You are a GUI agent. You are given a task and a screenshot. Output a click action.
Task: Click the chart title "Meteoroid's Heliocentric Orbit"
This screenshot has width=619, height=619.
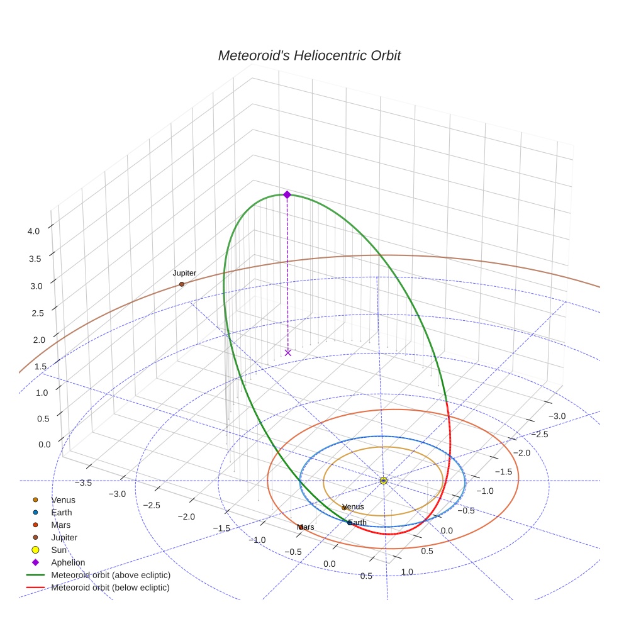point(309,55)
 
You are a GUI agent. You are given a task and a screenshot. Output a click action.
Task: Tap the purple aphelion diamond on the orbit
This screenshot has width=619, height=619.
point(287,195)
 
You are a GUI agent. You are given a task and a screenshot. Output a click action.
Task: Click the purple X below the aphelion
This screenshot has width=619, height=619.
point(287,353)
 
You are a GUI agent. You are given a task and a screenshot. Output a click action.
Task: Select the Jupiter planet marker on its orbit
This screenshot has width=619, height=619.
point(182,284)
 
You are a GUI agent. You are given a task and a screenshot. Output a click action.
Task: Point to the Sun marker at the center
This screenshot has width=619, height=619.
point(384,481)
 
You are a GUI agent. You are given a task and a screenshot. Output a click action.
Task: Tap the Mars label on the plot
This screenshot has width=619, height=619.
point(306,527)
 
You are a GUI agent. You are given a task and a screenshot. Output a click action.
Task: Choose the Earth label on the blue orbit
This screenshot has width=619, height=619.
point(357,523)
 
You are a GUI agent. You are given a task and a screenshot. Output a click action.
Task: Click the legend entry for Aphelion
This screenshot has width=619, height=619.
point(68,562)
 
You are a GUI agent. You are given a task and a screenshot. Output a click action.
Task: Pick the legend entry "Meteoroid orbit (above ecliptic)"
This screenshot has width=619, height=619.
point(111,575)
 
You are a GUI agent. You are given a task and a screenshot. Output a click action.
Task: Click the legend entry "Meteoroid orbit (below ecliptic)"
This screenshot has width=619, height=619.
point(111,588)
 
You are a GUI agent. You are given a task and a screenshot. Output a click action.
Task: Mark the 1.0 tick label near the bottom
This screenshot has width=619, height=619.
point(407,571)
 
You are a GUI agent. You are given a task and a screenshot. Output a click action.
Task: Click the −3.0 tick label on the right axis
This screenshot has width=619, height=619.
point(557,416)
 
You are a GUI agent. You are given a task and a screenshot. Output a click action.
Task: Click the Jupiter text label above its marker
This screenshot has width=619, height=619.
point(184,273)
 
